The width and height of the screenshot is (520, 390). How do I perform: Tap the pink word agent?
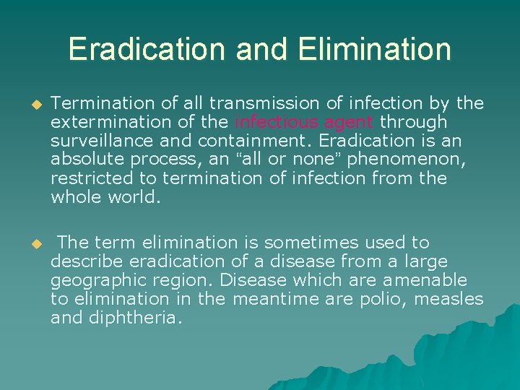pos(350,123)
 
